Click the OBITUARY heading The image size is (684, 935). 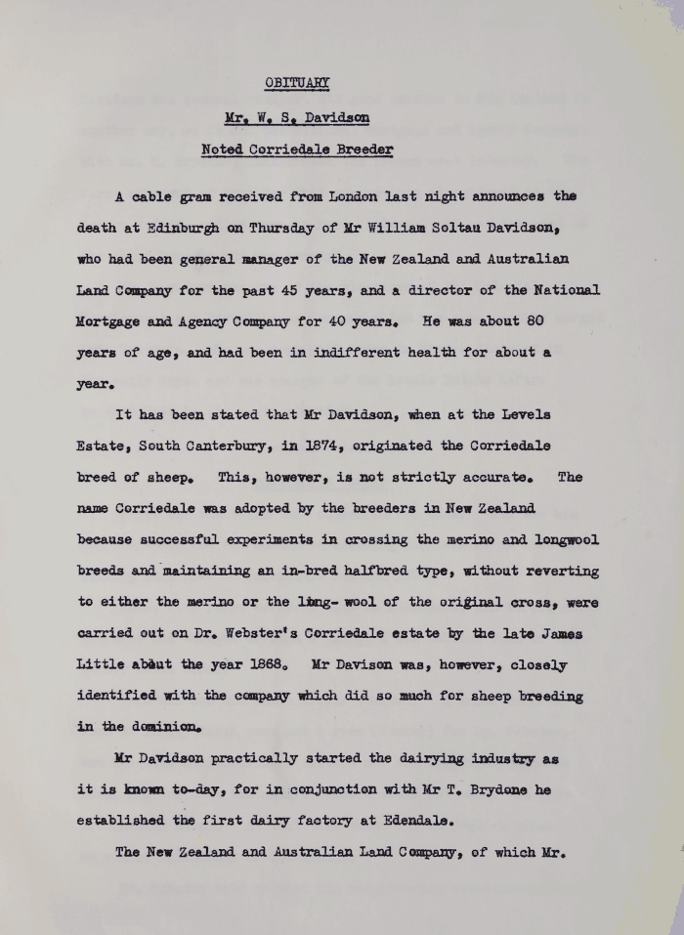(x=298, y=82)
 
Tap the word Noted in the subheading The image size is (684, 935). (x=223, y=149)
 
